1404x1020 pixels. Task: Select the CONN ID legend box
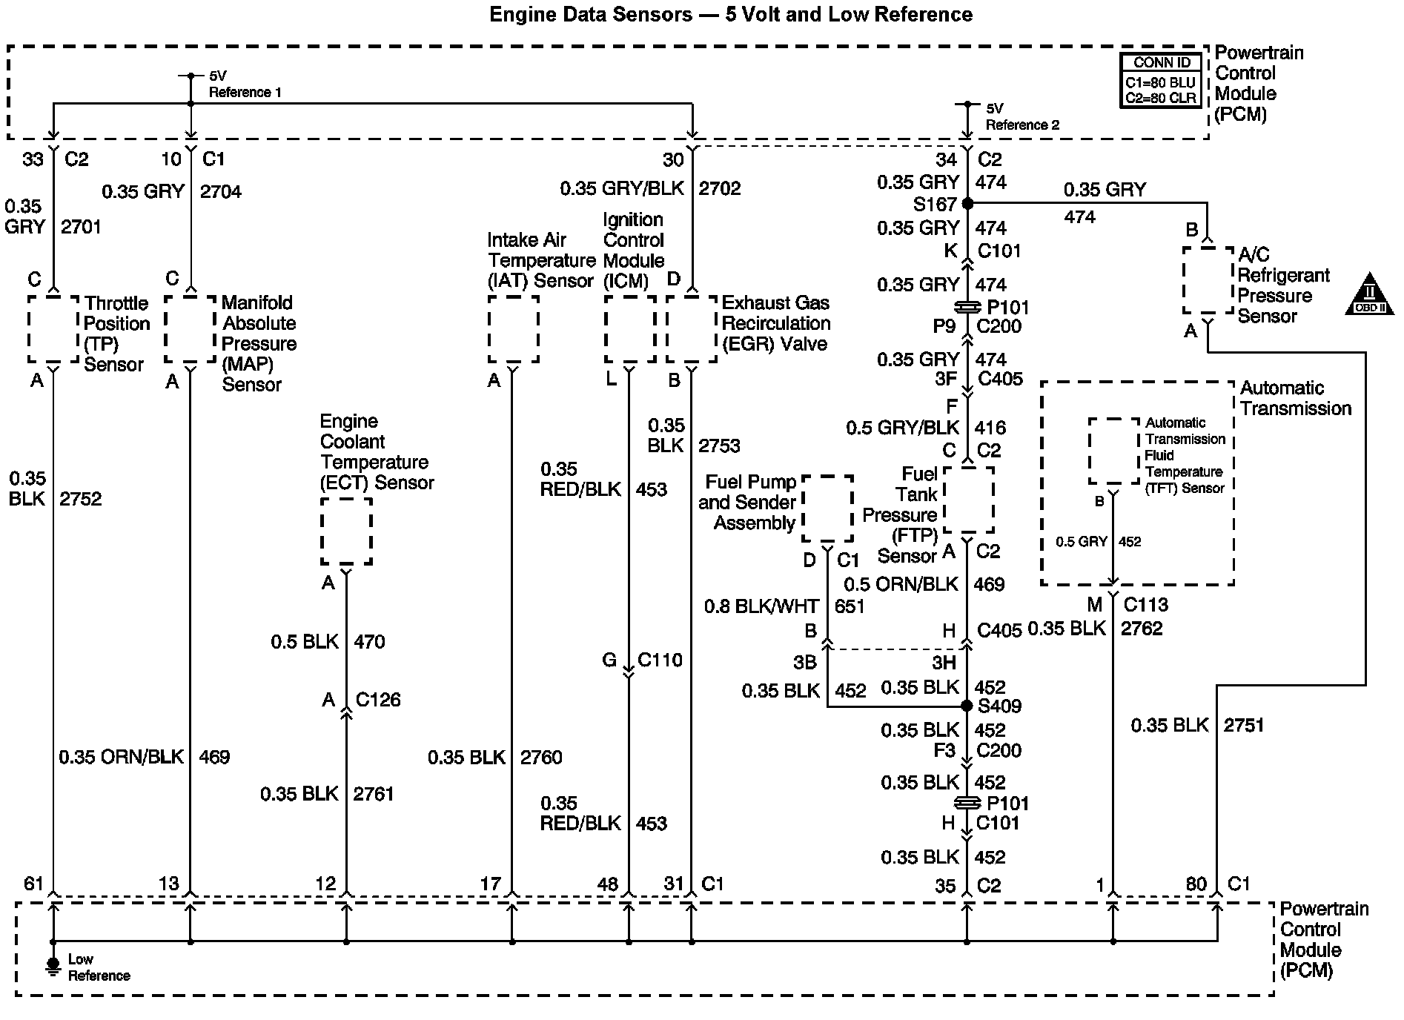(x=1161, y=81)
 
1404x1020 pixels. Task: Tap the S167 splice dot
(x=967, y=203)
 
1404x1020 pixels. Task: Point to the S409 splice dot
(x=967, y=706)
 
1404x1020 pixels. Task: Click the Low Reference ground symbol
(x=53, y=965)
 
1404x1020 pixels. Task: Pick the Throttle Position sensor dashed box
(x=53, y=329)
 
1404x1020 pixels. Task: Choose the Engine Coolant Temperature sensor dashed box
(x=346, y=531)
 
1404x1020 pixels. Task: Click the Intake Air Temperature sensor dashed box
(x=513, y=329)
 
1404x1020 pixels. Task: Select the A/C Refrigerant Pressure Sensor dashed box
(x=1208, y=280)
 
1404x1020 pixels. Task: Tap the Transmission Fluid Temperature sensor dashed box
(x=1113, y=451)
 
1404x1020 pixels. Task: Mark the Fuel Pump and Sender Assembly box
(x=827, y=509)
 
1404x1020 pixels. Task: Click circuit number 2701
(x=81, y=227)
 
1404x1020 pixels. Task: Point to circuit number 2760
(x=541, y=757)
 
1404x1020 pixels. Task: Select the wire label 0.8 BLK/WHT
(x=761, y=606)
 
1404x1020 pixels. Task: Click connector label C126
(x=378, y=700)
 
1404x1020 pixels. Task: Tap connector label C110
(x=660, y=660)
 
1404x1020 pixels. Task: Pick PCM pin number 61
(x=34, y=883)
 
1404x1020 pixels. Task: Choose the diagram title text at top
(x=731, y=14)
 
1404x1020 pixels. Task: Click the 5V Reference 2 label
(x=1021, y=116)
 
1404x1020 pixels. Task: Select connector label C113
(x=1146, y=605)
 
